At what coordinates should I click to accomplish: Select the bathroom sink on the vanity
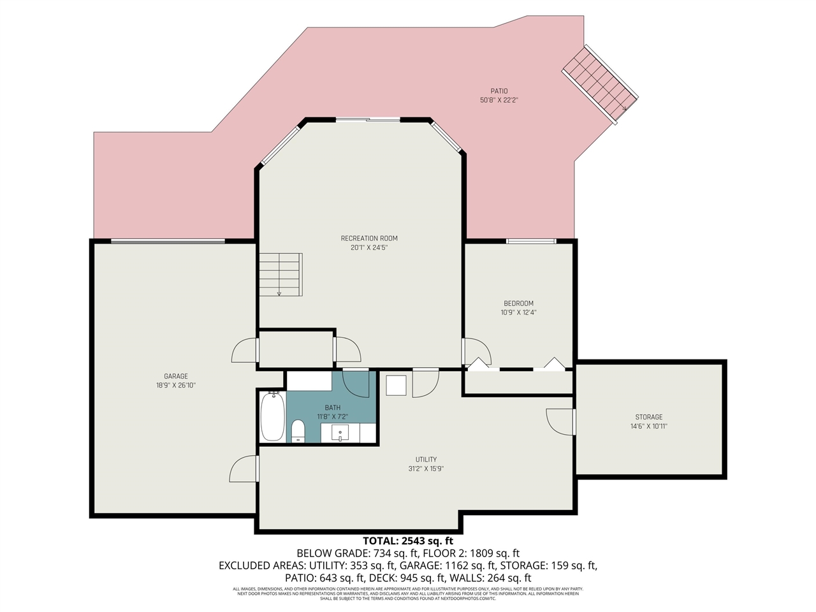point(340,433)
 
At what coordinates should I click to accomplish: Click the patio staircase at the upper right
point(600,83)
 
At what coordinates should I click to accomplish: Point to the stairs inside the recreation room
point(280,274)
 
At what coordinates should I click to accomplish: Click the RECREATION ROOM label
point(369,238)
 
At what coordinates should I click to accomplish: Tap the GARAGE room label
point(176,376)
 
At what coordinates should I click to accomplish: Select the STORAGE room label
point(648,417)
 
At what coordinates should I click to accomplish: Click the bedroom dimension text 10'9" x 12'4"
point(518,312)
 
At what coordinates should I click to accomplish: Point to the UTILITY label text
point(426,460)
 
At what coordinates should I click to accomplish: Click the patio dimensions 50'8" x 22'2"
point(499,100)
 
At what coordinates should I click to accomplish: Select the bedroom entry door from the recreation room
point(476,352)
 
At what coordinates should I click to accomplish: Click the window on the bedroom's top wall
point(531,241)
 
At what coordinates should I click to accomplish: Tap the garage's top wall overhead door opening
point(168,241)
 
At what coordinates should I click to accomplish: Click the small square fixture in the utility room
point(397,385)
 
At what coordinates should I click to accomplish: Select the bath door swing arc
point(355,383)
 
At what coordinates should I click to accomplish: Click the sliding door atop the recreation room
point(368,119)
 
